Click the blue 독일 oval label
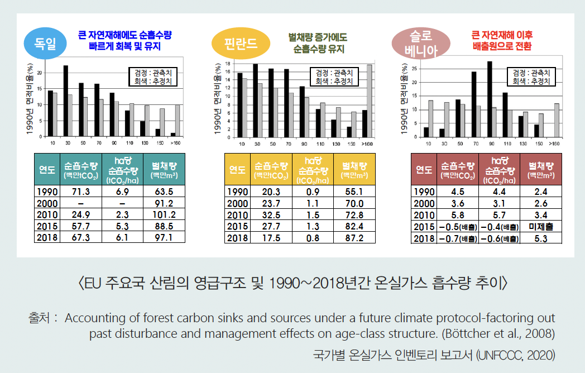(x=45, y=42)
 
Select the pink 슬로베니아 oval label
(x=421, y=43)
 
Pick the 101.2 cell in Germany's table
(x=164, y=214)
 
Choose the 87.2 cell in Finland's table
(x=354, y=237)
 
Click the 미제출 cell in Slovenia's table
(x=540, y=227)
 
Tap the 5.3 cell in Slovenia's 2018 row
(x=540, y=238)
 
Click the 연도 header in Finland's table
(x=238, y=169)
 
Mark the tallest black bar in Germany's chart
(x=66, y=101)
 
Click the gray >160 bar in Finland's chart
(x=369, y=100)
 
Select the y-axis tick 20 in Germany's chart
(x=39, y=73)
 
